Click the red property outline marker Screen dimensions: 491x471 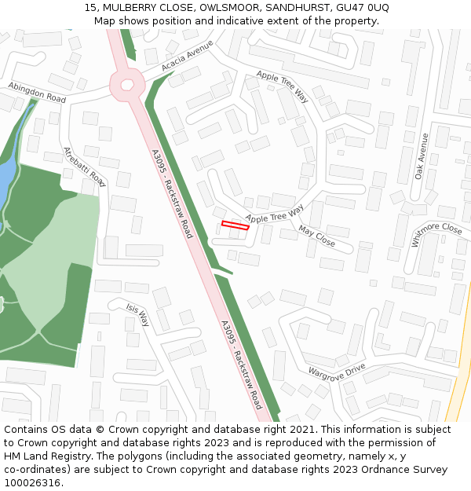(235, 225)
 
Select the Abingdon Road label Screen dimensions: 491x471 (37, 92)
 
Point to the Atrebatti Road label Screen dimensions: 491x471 (85, 167)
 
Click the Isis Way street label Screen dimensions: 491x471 (137, 314)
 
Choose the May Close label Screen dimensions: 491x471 (316, 236)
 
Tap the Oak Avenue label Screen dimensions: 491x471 (422, 156)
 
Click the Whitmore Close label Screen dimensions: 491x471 (436, 233)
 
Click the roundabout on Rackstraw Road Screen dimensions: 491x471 (125, 84)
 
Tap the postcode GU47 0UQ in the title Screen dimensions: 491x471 (362, 7)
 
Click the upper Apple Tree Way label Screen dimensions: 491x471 (283, 86)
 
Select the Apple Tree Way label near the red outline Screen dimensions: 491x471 (274, 213)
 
